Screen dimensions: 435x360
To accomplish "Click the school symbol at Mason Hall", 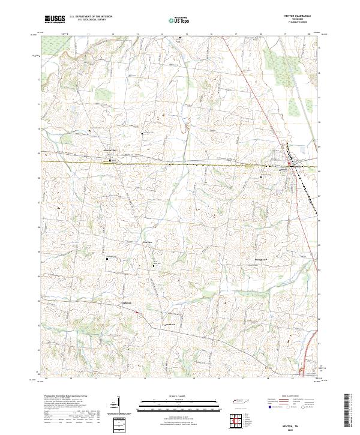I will click(110, 160).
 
